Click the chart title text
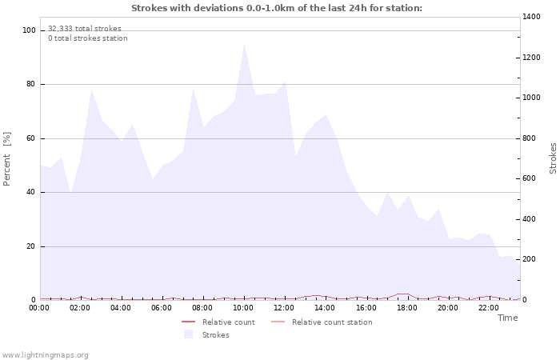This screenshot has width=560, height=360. pyautogui.click(x=276, y=8)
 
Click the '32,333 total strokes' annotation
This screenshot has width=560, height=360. pyautogui.click(x=85, y=28)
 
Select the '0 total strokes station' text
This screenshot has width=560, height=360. pyautogui.click(x=87, y=38)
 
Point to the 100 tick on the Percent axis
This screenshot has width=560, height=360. pyautogui.click(x=30, y=30)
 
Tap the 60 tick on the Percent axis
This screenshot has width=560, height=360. pyautogui.click(x=32, y=138)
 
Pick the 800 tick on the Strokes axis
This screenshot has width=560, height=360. pyautogui.click(x=530, y=138)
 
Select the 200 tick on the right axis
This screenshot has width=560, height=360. pyautogui.click(x=530, y=259)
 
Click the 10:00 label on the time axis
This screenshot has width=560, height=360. pyautogui.click(x=243, y=308)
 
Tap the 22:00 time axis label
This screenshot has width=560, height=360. pyautogui.click(x=488, y=308)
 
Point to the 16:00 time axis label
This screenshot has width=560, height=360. pyautogui.click(x=366, y=308)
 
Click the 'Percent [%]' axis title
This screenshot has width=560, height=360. pyautogui.click(x=8, y=158)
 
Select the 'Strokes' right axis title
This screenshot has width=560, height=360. pyautogui.click(x=553, y=158)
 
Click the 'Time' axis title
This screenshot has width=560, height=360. pyautogui.click(x=507, y=318)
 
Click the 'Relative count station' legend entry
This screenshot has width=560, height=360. pyautogui.click(x=331, y=322)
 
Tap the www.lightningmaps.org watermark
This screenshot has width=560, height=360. pyautogui.click(x=45, y=355)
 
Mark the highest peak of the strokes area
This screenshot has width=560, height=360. pyautogui.click(x=244, y=44)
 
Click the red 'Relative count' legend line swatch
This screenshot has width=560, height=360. pyautogui.click(x=190, y=322)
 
